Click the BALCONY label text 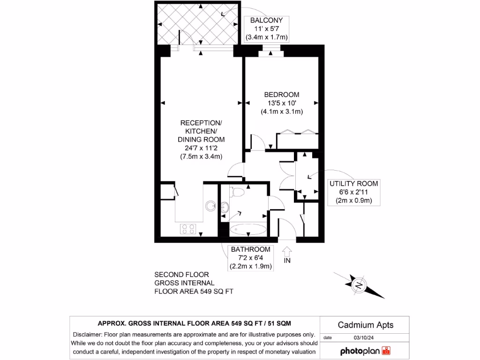click(x=266, y=20)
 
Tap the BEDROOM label click(x=281, y=94)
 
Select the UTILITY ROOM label click(x=353, y=183)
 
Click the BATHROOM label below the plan click(x=251, y=249)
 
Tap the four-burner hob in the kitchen click(x=188, y=229)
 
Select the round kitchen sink click(x=210, y=204)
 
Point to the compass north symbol click(x=359, y=285)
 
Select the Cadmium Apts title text click(x=365, y=325)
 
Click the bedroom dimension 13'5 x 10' click(x=281, y=103)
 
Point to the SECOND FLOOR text click(x=182, y=275)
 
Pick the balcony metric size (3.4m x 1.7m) click(x=266, y=37)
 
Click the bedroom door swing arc click(x=256, y=140)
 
